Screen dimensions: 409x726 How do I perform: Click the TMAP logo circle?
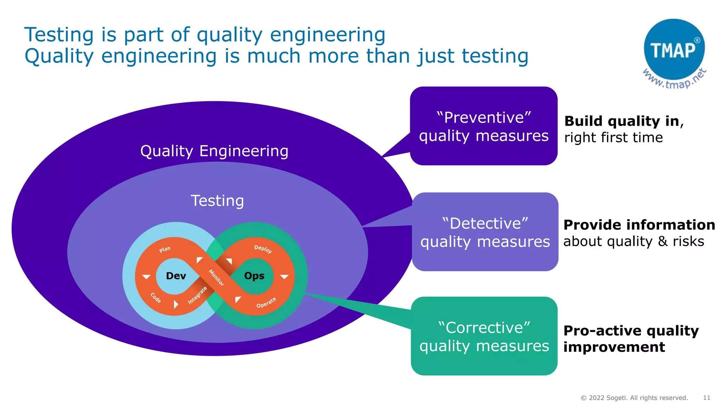point(674,49)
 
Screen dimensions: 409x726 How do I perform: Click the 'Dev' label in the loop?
point(176,276)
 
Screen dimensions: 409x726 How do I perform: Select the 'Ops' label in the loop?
point(254,276)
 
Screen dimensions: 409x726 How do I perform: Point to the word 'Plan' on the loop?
point(165,249)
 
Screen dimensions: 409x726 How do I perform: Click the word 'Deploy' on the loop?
point(263,249)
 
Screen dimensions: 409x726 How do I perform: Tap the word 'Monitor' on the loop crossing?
point(216,278)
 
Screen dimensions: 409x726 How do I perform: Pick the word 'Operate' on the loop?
point(266,303)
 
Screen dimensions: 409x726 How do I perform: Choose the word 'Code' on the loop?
point(156,298)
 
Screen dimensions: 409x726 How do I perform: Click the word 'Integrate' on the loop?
point(197,295)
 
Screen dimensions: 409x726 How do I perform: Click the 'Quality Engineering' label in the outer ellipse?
point(214,151)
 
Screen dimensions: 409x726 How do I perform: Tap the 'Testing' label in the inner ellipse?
point(217,201)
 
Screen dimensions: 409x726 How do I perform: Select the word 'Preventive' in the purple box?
point(484,118)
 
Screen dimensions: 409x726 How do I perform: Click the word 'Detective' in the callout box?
point(485,224)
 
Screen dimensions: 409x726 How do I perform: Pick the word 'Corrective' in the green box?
point(484,328)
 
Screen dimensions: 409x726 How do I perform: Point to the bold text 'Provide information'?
point(639,225)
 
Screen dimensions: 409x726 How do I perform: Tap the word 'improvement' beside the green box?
point(614,347)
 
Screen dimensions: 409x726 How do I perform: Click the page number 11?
point(707,398)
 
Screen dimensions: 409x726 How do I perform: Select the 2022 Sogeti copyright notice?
point(634,398)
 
